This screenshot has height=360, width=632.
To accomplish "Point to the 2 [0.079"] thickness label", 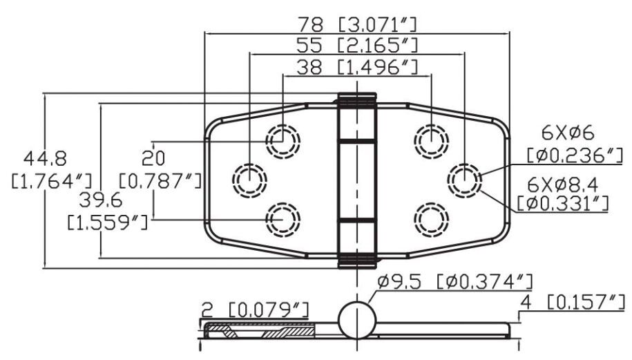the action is [x=255, y=310].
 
